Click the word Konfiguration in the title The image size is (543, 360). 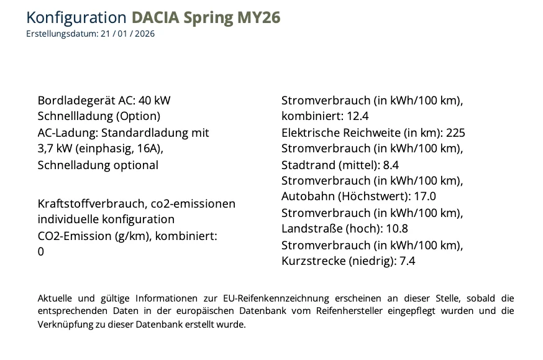[x=77, y=17]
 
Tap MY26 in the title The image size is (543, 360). [x=259, y=17]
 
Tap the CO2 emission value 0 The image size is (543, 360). [x=41, y=252]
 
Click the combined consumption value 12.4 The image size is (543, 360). [x=358, y=116]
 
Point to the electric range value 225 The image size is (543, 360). [x=455, y=132]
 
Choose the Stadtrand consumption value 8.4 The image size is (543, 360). [x=391, y=165]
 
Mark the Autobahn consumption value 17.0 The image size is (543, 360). [x=425, y=196]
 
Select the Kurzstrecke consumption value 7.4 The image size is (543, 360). [x=407, y=261]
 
